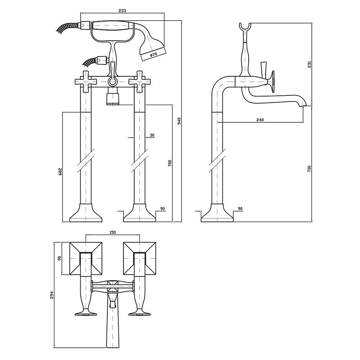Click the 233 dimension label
point(122,11)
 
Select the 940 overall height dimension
point(179,122)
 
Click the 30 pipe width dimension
point(152,135)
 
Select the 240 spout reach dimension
point(261,120)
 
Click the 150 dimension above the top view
point(112,233)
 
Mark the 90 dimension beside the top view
point(60,258)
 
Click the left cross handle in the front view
point(86,81)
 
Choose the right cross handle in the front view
point(139,81)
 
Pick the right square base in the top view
point(139,258)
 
